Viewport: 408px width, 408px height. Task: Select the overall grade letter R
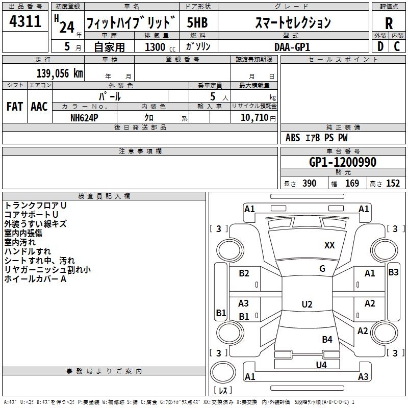tap(389, 23)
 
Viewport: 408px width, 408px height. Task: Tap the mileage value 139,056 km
tap(60, 73)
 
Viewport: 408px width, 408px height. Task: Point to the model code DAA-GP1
tap(292, 46)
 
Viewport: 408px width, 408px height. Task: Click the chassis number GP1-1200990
tap(343, 163)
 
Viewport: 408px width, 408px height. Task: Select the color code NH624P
tap(84, 117)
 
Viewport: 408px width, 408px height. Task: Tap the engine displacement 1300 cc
tap(155, 47)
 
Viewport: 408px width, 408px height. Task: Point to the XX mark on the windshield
tap(329, 245)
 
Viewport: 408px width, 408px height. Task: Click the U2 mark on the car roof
tap(307, 304)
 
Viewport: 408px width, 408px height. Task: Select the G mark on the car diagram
tap(322, 269)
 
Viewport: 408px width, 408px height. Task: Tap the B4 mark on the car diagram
tap(327, 339)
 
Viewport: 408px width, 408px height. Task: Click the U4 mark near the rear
tap(321, 365)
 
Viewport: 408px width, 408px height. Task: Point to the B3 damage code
tap(393, 272)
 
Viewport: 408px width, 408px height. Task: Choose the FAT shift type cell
tap(14, 107)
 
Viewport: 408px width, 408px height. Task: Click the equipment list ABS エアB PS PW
tap(316, 138)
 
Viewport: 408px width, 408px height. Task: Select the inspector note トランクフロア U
tap(36, 205)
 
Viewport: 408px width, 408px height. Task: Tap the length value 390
tap(309, 184)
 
